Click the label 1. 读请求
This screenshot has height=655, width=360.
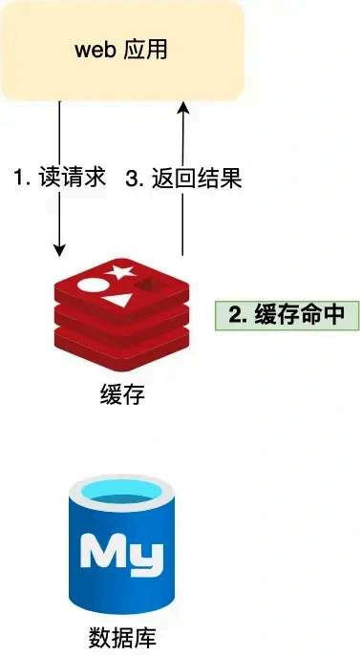tap(59, 178)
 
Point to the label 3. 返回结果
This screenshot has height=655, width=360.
tap(184, 178)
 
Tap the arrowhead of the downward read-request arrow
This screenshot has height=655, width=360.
tap(59, 251)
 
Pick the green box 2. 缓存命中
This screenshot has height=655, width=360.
tap(286, 316)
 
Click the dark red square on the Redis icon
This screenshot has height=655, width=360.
tap(149, 287)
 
